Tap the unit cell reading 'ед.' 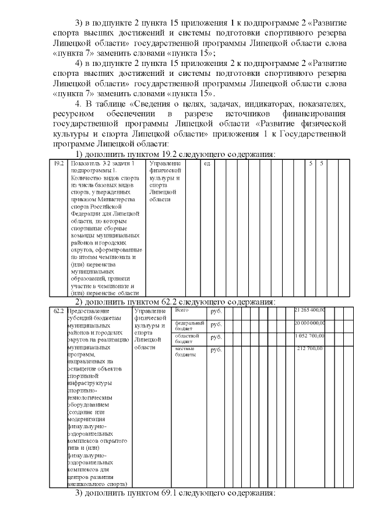[207, 164]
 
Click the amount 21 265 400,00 [310, 310]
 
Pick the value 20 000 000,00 [310, 323]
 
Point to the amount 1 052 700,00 [311, 336]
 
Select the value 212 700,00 [312, 349]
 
